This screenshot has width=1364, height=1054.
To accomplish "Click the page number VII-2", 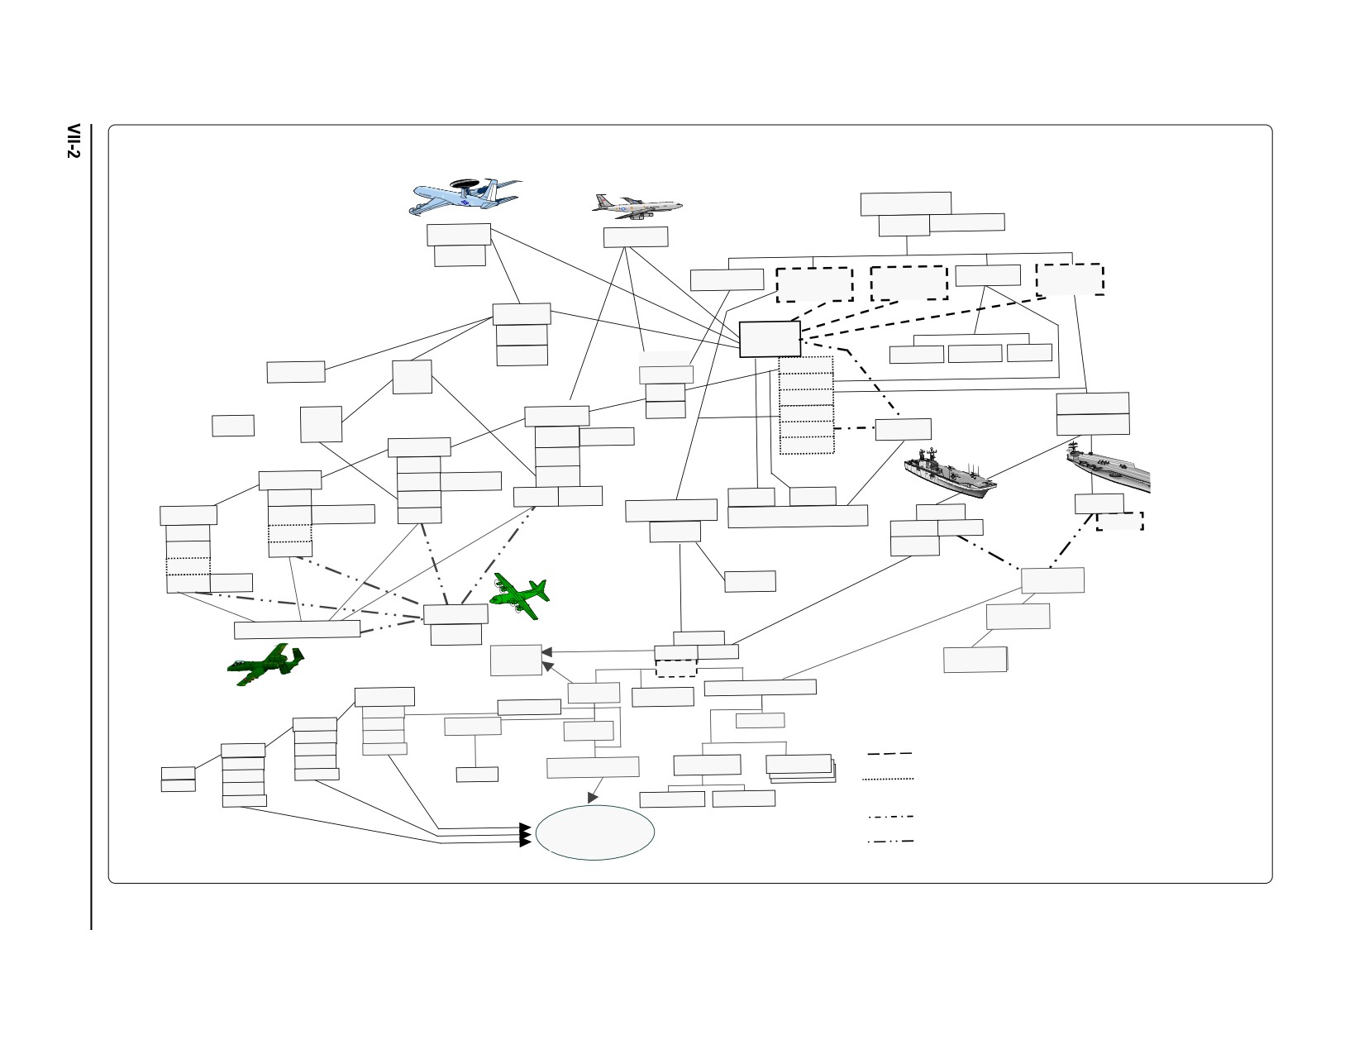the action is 74,141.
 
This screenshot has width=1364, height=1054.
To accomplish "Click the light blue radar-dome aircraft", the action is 465,197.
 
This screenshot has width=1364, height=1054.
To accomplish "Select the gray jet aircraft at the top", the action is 637,207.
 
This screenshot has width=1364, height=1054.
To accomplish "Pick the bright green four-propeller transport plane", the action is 519,596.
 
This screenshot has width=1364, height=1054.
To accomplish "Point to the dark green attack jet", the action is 265,664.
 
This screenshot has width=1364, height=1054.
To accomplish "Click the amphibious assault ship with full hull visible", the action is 950,474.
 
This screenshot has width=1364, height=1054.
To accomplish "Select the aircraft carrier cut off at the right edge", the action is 1108,467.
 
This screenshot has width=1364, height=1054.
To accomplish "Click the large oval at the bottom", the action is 595,832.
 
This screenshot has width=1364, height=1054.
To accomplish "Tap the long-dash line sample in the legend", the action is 889,753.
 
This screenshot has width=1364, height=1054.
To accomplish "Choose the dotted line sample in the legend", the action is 888,779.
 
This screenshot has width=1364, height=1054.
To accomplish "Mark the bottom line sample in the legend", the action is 890,842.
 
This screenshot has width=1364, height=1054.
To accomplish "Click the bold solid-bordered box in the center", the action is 770,339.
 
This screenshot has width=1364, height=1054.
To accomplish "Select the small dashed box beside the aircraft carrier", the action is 1120,521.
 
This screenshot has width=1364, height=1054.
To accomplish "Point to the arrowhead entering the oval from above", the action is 592,798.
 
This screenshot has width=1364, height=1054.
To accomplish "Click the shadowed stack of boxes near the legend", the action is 801,768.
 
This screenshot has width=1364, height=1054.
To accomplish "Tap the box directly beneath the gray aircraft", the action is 636,236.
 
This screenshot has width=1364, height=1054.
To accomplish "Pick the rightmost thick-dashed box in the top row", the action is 1071,279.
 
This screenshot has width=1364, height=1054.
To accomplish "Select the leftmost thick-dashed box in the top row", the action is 814,284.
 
